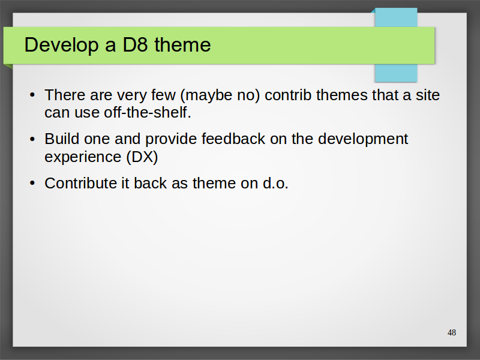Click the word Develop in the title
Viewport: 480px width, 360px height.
tap(61, 45)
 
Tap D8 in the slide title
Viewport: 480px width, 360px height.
tap(135, 44)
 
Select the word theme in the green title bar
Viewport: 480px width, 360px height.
tap(182, 44)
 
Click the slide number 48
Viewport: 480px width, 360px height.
tap(452, 332)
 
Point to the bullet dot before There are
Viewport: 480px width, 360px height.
tap(32, 95)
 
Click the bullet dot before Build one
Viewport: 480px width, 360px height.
tap(32, 139)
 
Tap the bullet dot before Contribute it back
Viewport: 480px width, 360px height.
tap(32, 183)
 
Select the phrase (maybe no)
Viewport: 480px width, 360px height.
tap(220, 95)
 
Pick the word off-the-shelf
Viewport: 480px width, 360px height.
tap(148, 112)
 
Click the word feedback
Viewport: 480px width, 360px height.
tap(233, 139)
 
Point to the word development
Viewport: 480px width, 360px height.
tap(363, 139)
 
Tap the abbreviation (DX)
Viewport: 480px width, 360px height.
tap(142, 157)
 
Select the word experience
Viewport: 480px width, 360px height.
tap(83, 157)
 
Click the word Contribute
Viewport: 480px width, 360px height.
tap(80, 183)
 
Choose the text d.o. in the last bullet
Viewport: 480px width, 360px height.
tap(275, 183)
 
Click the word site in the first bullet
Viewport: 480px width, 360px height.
tap(428, 95)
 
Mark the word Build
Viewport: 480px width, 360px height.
tap(62, 139)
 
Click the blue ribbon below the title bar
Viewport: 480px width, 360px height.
tap(396, 73)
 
